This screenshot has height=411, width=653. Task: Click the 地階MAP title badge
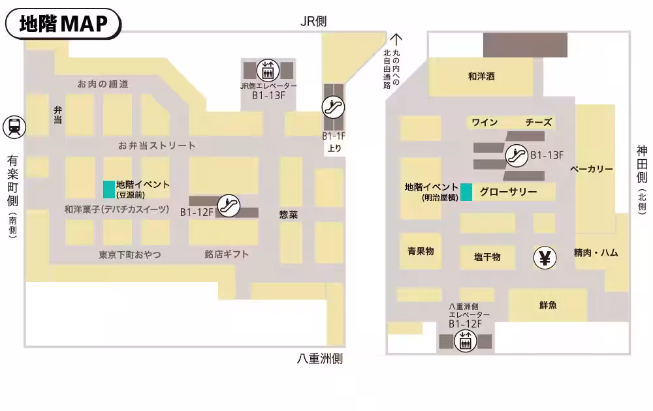pos(63,24)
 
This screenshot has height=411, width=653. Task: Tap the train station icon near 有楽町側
pos(14,127)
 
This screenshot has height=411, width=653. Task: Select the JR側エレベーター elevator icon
pos(268,69)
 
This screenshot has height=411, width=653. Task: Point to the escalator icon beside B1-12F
pos(229,205)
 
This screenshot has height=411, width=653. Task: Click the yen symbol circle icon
pos(545,258)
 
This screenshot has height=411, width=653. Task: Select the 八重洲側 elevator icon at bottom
pos(465,341)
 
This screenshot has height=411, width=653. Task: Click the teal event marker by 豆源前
pos(109,189)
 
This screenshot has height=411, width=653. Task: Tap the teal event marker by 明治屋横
pos(466,192)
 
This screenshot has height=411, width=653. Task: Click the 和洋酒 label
pos(481,76)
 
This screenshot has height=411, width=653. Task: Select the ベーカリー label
pos(592,170)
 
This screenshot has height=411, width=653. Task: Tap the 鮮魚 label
pos(549,305)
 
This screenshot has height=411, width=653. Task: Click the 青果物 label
pos(421,251)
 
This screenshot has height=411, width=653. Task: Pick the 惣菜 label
pos(289,214)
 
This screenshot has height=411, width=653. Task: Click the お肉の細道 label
pos(103,84)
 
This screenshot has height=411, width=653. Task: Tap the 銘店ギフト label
pos(227,254)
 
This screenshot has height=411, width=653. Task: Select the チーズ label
pos(539,123)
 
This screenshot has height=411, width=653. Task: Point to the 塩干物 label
pos(487,257)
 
